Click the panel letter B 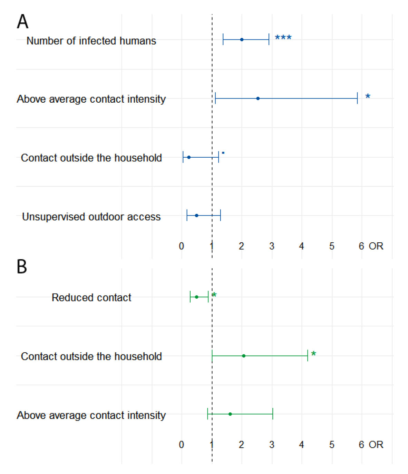pos(22,267)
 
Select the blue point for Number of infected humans pos(242,39)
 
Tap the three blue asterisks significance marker pos(283,37)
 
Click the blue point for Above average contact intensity pos(258,99)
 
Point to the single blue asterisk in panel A pos(368,96)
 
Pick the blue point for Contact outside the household pos(189,157)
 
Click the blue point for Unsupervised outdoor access pos(196,215)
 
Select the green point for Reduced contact pos(196,297)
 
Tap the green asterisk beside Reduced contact pos(214,295)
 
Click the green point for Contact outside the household pos(244,356)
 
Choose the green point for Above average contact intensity pos(230,414)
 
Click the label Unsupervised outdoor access pos(91,217)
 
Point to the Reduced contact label pos(91,298)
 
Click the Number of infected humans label pos(91,41)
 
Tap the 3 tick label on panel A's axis pos(272,246)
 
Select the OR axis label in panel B pos(376,445)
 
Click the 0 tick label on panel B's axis pos(182,445)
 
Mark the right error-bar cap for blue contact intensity pos(357,99)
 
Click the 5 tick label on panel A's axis pos(332,246)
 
